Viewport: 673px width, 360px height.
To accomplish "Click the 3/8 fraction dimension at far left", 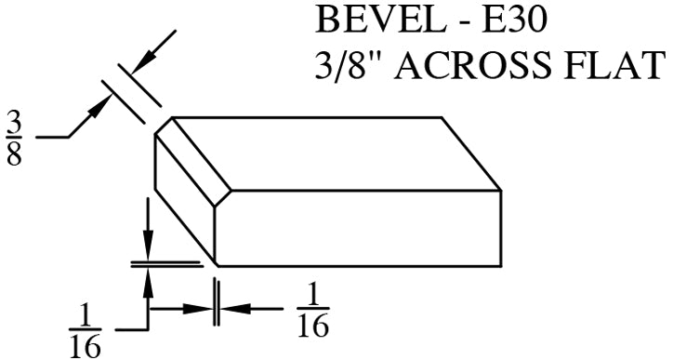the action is pyautogui.click(x=15, y=138).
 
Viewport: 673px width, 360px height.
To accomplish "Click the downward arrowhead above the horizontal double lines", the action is pyautogui.click(x=147, y=248).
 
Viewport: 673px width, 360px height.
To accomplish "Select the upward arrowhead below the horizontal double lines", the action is pyautogui.click(x=147, y=279).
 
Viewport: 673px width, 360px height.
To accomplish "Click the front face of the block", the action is pyautogui.click(x=358, y=228).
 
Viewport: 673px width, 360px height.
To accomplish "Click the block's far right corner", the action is pyautogui.click(x=502, y=191).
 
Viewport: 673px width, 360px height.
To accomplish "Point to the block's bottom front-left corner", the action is pyautogui.click(x=216, y=266).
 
